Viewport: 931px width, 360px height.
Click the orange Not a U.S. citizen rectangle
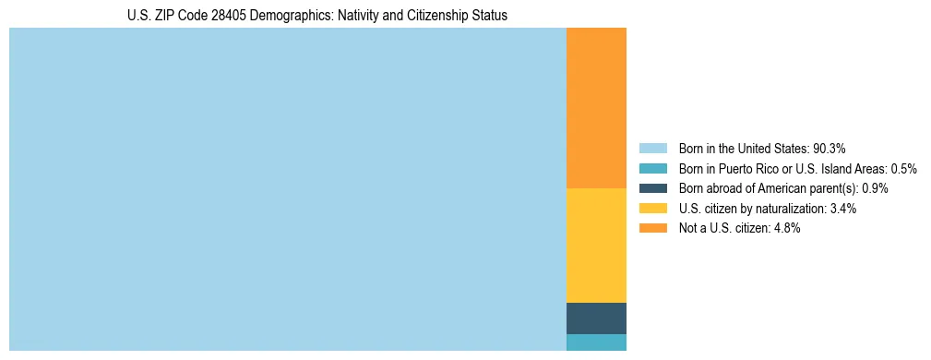tap(596, 108)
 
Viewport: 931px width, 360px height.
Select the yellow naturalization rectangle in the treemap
tap(596, 245)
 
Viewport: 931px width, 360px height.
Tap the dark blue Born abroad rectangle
tap(596, 318)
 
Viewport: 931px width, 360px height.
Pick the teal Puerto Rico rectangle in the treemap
tap(596, 342)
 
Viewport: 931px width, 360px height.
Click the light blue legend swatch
tap(652, 149)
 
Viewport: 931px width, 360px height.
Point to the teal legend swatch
tap(652, 169)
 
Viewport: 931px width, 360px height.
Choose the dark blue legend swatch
tap(652, 188)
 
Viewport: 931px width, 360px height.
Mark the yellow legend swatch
tap(652, 209)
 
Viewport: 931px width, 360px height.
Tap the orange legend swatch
tap(652, 229)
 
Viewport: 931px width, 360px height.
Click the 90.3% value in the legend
tap(830, 149)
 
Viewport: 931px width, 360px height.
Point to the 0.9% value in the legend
tap(875, 188)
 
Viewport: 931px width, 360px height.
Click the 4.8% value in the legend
tap(787, 229)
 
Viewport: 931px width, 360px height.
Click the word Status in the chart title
tap(489, 16)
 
